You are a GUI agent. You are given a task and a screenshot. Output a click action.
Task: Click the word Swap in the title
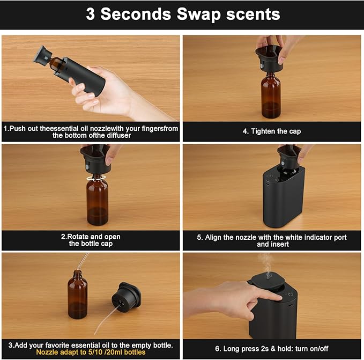(198, 14)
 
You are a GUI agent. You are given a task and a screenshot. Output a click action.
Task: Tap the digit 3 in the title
(90, 14)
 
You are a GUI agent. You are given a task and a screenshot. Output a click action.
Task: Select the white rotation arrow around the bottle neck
(96, 178)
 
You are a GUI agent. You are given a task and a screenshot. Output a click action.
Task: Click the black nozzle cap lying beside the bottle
(126, 295)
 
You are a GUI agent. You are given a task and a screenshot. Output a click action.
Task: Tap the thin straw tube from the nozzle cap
(107, 319)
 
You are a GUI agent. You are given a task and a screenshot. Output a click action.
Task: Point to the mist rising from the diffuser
(266, 263)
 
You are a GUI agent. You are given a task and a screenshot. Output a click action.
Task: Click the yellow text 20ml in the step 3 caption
(113, 352)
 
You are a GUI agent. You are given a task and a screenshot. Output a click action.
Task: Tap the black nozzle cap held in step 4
(269, 58)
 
